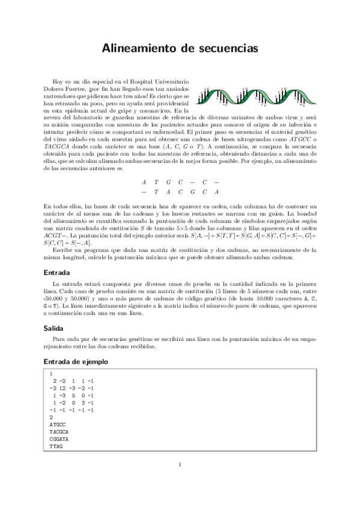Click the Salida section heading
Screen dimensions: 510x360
point(55,328)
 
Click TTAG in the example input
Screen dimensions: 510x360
point(56,447)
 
